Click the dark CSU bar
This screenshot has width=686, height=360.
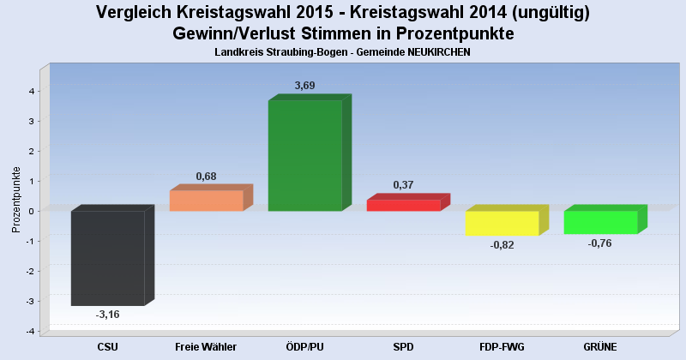click(107, 258)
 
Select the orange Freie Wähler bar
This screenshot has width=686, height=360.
click(207, 201)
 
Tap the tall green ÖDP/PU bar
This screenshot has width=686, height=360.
click(304, 155)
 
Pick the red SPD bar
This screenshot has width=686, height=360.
click(403, 205)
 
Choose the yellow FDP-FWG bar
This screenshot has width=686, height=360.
click(502, 223)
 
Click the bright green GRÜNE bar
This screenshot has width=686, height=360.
click(600, 222)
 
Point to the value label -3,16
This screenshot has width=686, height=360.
click(107, 315)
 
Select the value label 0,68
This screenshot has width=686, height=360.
click(207, 177)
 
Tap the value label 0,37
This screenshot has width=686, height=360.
click(404, 185)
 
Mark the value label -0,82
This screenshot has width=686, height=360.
click(502, 245)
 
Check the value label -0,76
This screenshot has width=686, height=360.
click(600, 243)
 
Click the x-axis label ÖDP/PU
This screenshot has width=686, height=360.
click(304, 346)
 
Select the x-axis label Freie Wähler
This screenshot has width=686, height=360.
click(206, 346)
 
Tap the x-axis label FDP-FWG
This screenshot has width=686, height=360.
click(502, 346)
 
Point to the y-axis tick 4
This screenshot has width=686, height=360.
click(31, 91)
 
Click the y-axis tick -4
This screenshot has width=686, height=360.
click(29, 332)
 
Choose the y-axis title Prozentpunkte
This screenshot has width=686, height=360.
click(16, 199)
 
